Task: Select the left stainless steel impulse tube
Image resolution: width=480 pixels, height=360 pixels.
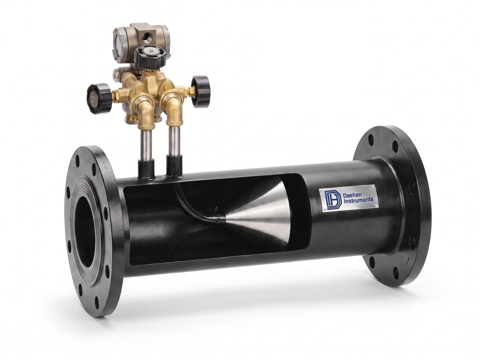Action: pyautogui.click(x=146, y=144)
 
